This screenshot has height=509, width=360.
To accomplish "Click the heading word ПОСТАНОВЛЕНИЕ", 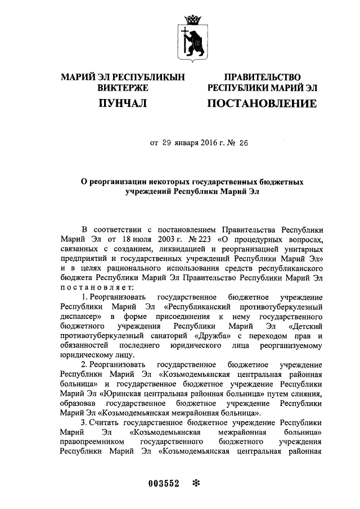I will [x=262, y=103].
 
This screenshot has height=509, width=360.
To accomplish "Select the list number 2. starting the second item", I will [x=85, y=364].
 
